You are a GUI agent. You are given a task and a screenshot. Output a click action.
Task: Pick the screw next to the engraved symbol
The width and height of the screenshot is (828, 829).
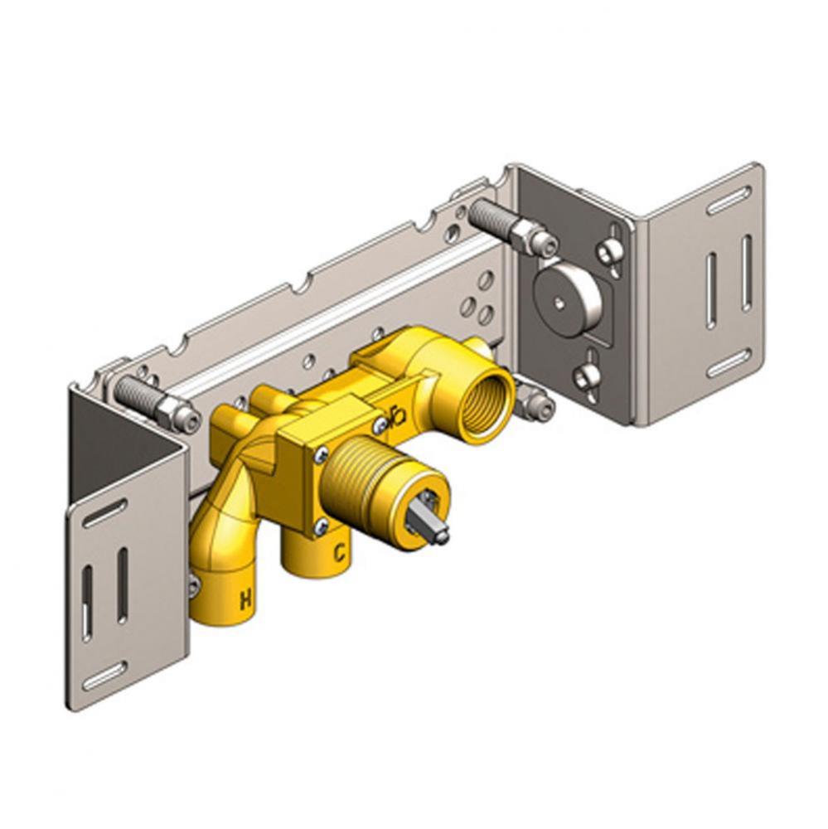(379, 424)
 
